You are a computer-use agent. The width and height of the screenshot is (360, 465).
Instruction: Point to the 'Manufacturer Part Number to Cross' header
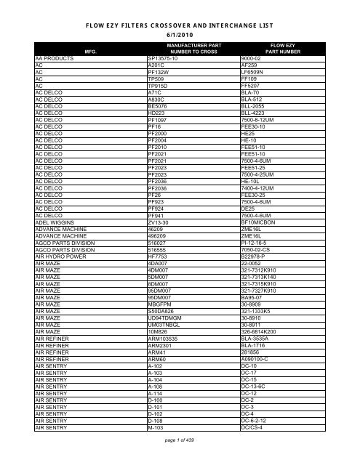(178, 48)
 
